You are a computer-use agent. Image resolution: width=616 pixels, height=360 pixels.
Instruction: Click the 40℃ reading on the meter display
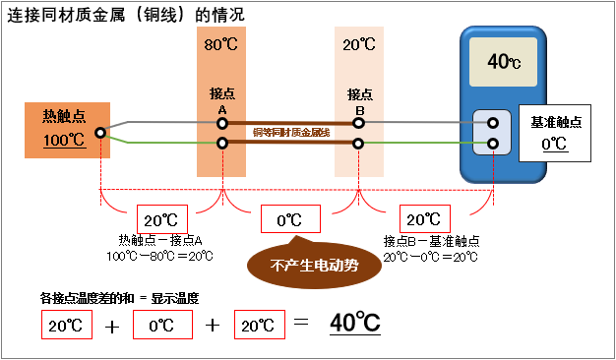coord(504,61)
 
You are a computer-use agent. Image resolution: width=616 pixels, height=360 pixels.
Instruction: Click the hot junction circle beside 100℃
coord(100,132)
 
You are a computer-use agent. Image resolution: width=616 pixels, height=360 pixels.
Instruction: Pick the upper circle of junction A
coord(222,123)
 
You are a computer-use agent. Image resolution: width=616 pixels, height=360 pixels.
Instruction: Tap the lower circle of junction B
coord(359,143)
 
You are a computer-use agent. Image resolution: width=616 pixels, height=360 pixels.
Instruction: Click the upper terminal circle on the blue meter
coord(493,124)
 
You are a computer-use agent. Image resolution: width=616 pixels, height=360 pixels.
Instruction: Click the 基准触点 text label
coord(556,121)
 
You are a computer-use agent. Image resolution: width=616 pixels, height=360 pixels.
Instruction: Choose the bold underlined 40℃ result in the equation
coord(355,323)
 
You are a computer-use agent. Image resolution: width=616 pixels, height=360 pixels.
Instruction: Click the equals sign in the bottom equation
coord(302,323)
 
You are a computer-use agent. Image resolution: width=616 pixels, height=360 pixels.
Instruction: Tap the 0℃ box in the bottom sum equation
coord(161,323)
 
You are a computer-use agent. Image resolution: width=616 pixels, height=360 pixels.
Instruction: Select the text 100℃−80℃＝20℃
coord(160,256)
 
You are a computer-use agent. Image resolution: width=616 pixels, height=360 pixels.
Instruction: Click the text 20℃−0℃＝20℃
coord(430,256)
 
